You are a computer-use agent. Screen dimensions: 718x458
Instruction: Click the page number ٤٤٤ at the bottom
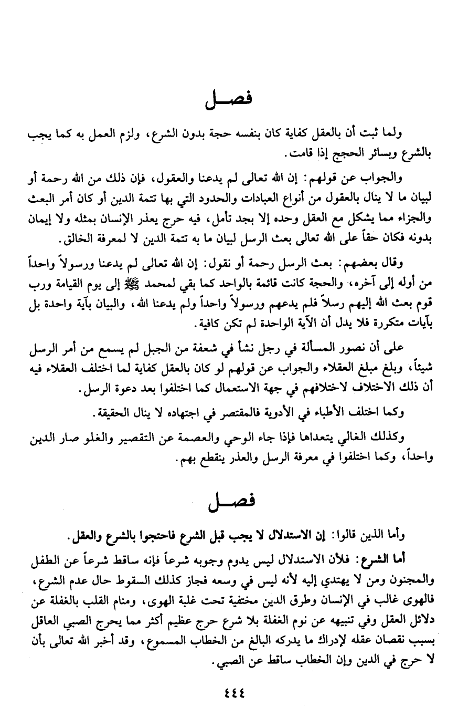(x=230, y=692)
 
